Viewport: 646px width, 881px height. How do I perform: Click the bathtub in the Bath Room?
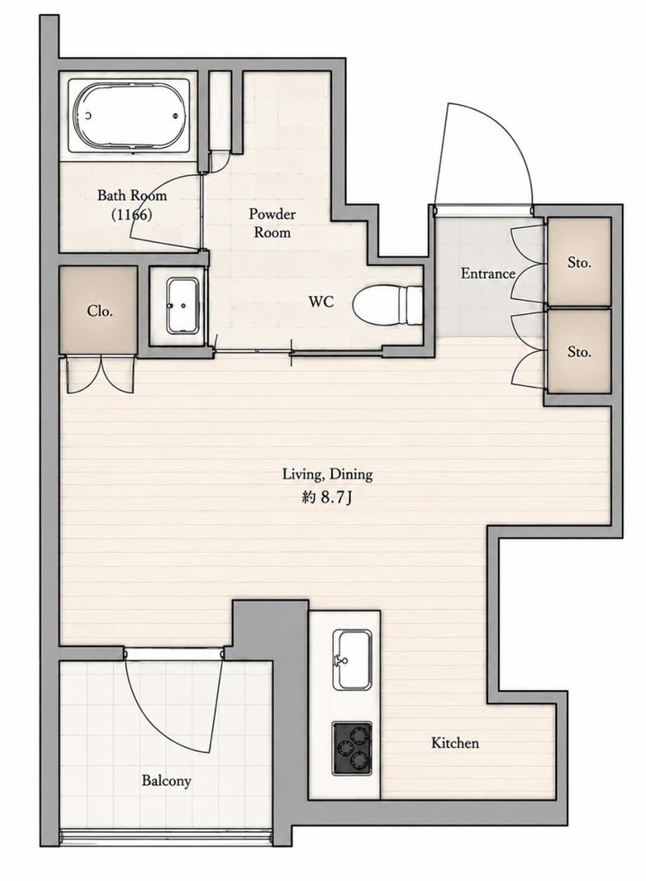128,116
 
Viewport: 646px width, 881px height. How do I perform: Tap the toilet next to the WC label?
388,305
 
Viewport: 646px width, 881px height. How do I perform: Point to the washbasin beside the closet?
182,306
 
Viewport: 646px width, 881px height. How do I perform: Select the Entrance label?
488,273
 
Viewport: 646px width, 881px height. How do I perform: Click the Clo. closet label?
100,311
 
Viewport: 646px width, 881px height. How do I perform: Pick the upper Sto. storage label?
579,263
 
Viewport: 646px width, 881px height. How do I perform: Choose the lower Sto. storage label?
579,352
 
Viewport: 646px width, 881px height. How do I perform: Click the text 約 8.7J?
326,498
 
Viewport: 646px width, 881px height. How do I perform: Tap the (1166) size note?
131,214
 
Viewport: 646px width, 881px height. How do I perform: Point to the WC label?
321,302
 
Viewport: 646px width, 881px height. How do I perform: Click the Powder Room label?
272,223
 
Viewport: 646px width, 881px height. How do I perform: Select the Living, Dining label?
327,475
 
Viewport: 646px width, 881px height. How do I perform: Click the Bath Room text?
132,195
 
